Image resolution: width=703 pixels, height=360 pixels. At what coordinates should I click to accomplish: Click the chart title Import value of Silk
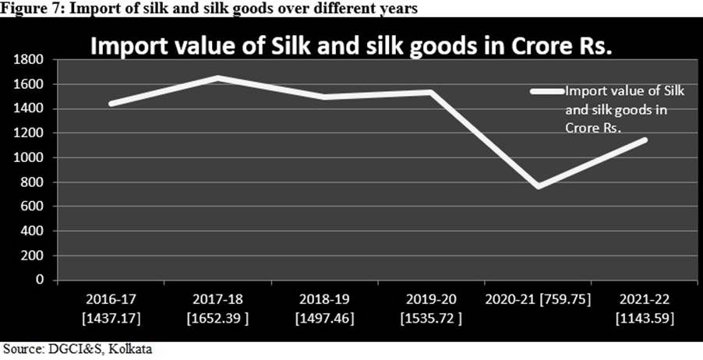point(351,46)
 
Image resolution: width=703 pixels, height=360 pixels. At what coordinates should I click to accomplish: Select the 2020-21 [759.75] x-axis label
point(538,299)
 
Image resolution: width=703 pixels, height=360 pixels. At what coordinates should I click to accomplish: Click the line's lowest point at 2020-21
point(538,187)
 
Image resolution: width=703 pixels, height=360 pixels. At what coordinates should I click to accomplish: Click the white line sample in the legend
point(547,91)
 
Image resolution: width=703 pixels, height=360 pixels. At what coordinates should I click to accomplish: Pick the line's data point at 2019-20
point(429,92)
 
